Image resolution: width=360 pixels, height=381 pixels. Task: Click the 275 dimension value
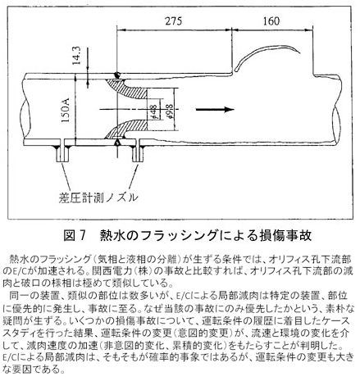coord(174,21)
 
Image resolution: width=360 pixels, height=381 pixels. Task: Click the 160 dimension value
coord(271,21)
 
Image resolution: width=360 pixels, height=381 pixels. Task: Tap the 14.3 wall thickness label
coord(76,56)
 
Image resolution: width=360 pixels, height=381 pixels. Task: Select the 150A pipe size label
coord(66,110)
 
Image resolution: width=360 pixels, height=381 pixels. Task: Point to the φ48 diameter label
coord(153,112)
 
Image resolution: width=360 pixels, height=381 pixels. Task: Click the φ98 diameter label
coord(169,111)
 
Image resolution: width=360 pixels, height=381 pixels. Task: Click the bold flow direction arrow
coord(215,110)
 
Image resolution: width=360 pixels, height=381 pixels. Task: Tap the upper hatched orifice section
coord(127,88)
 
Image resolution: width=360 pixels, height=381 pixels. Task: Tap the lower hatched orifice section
coord(127,129)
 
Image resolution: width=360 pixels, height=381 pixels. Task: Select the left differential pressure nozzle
coord(62,153)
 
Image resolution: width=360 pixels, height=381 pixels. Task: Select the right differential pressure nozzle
coord(138,153)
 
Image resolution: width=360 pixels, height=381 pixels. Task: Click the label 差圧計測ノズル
coord(98,197)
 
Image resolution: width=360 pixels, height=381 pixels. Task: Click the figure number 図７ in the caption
coord(75,235)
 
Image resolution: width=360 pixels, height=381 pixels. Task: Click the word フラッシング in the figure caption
coord(180,235)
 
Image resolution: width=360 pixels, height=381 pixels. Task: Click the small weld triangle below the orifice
coord(117,142)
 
